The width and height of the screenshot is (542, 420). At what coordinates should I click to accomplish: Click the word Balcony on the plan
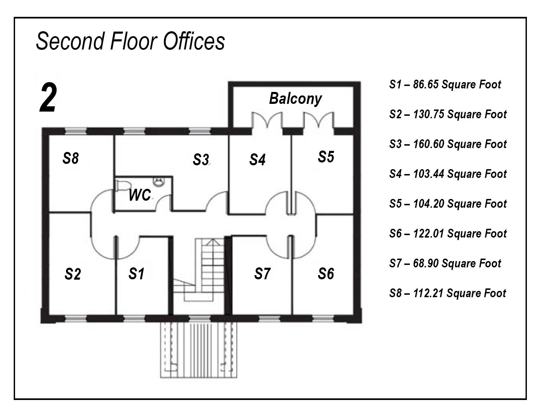click(295, 99)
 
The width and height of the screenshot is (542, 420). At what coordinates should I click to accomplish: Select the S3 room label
click(201, 159)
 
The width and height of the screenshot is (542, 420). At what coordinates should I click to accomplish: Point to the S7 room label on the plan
click(262, 274)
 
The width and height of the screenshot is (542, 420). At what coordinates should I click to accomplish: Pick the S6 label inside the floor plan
click(326, 274)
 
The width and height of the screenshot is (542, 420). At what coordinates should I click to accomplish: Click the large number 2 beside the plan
click(48, 98)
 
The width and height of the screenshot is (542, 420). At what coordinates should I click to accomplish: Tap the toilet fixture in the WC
click(123, 186)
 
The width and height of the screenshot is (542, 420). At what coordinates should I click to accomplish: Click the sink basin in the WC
click(159, 182)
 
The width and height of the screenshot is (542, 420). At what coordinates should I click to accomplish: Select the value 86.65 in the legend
click(426, 85)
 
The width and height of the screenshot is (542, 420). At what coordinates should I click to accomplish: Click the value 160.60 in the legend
click(429, 144)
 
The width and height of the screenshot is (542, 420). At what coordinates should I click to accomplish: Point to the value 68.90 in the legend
click(426, 263)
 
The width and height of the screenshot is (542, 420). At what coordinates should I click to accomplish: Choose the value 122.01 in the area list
click(429, 233)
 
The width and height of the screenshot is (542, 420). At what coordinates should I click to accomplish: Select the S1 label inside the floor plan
click(136, 274)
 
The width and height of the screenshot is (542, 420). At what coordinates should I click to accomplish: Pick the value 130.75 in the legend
click(429, 114)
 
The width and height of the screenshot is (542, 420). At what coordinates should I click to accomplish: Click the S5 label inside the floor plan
click(326, 157)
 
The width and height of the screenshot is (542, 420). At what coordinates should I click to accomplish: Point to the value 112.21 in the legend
click(428, 293)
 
